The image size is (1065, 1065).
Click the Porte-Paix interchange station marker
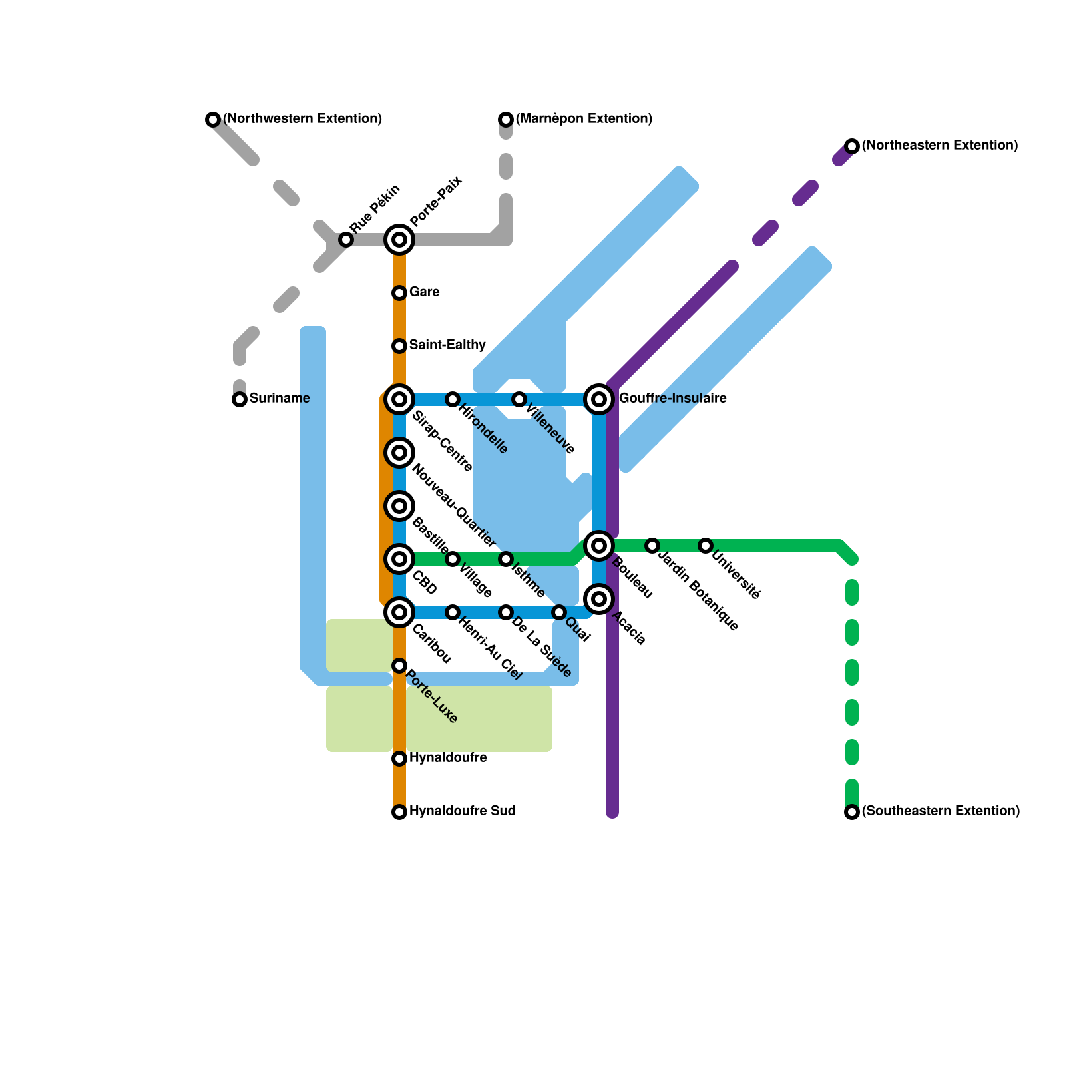click(399, 240)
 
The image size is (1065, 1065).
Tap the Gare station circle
click(399, 293)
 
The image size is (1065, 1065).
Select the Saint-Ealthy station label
click(447, 345)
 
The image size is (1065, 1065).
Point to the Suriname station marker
click(240, 399)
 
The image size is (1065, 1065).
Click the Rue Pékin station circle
click(346, 240)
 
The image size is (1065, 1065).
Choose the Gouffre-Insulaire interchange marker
click(599, 399)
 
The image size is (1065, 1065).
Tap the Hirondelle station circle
click(453, 399)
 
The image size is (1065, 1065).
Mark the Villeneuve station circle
click(519, 399)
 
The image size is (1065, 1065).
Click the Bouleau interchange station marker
click(599, 546)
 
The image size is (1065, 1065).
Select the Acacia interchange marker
click(599, 599)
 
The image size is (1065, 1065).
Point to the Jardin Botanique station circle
click(652, 546)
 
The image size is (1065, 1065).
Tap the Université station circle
click(706, 546)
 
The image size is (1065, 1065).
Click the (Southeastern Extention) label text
click(941, 811)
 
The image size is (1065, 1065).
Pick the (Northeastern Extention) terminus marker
click(852, 146)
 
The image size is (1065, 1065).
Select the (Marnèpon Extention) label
click(584, 119)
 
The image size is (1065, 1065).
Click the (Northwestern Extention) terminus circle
click(213, 120)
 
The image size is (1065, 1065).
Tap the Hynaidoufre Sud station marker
click(399, 812)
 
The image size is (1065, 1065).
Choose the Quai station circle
click(559, 612)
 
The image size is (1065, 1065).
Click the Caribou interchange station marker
click(399, 612)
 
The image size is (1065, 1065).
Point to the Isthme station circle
click(506, 559)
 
